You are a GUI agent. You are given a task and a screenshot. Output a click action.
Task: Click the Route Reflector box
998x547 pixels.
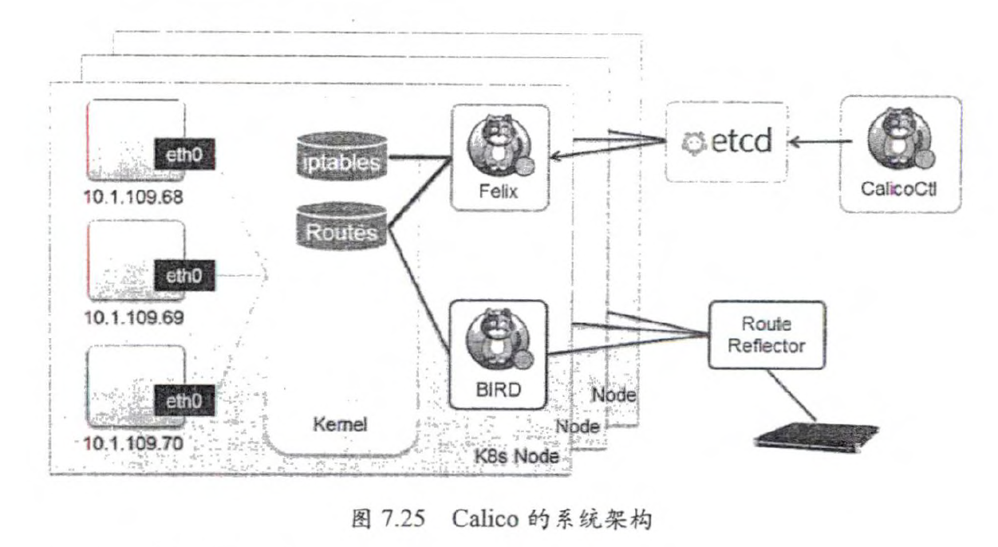point(763,334)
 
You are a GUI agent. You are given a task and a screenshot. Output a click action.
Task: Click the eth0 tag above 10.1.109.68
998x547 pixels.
point(185,153)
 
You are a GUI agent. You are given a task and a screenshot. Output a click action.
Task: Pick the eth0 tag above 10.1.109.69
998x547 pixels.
point(185,276)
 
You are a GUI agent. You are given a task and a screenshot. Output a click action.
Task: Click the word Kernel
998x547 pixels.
point(341,425)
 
